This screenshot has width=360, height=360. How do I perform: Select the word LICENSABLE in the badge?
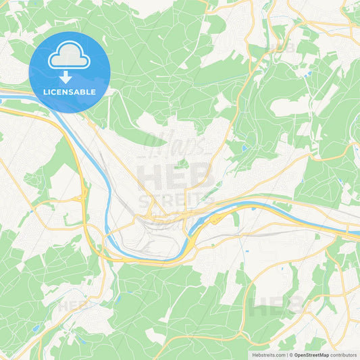point(69,92)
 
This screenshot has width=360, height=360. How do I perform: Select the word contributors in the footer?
point(344,355)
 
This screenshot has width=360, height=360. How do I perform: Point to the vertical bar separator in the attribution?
point(288,355)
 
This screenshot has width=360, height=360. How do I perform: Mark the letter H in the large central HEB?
point(149,178)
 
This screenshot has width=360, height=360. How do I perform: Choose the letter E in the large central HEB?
point(176,178)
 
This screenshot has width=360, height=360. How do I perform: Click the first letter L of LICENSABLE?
point(45,92)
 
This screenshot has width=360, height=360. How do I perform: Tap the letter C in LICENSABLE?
point(54,92)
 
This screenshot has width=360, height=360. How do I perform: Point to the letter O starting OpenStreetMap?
point(295,355)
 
